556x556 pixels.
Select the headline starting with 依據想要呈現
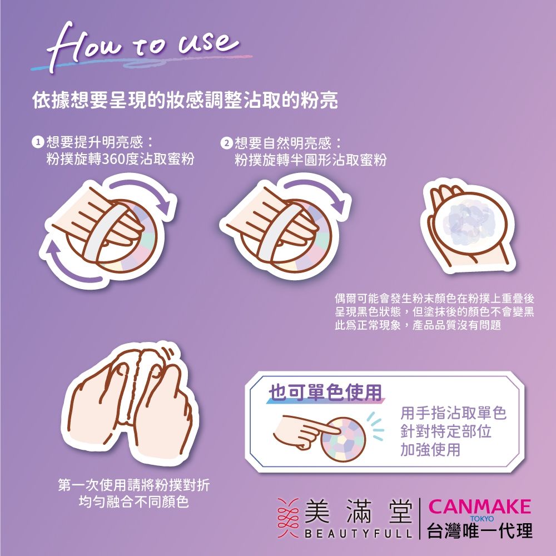(185, 101)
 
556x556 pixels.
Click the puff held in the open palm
(473, 222)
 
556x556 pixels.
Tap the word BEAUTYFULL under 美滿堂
(358, 534)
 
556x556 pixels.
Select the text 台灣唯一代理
(480, 531)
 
